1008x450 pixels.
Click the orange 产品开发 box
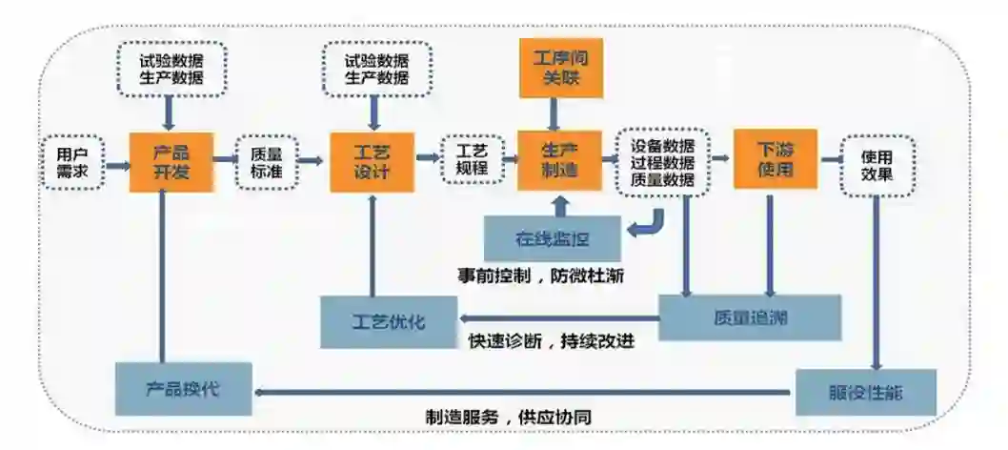pos(171,162)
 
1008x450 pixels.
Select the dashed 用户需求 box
pos(71,163)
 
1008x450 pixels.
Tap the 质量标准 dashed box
pos(266,162)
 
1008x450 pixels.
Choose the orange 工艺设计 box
pos(372,162)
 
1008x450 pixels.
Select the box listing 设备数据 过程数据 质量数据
pos(662,163)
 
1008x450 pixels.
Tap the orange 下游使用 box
pos(775,160)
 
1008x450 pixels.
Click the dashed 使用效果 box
pos(877,164)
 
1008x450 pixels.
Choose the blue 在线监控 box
pos(553,238)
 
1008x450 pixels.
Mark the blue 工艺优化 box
pos(389,321)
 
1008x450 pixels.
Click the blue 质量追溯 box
pos(750,317)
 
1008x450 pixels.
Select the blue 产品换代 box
pos(184,389)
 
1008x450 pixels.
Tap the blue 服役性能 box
pos(865,391)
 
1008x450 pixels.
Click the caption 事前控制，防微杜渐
pos(540,276)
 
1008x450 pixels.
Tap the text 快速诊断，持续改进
pos(552,339)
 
